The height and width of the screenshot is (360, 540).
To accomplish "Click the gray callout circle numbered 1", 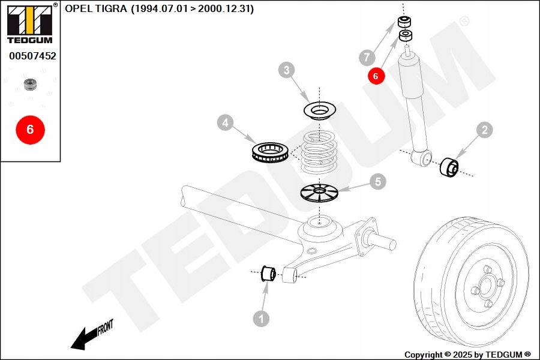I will [261, 319].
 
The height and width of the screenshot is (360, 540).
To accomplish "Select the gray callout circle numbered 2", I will [484, 130].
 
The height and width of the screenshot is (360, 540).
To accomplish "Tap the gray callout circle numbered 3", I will [287, 71].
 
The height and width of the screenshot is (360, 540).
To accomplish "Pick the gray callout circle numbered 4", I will [225, 124].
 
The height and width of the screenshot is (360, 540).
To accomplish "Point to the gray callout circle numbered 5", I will [377, 181].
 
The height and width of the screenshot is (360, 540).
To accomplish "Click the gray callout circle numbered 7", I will [367, 58].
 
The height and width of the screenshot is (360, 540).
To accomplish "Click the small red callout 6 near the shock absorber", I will [376, 76].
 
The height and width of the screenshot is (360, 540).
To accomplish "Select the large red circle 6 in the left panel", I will [30, 129].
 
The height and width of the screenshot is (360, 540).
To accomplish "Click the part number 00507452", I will [32, 56].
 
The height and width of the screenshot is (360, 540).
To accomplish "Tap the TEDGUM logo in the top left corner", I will [29, 24].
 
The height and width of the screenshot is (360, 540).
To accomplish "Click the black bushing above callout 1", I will [268, 274].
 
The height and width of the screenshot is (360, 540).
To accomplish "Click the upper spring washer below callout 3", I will [319, 110].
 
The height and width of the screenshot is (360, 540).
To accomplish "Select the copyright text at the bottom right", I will [467, 355].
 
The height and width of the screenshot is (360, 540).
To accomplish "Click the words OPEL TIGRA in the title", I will [96, 9].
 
